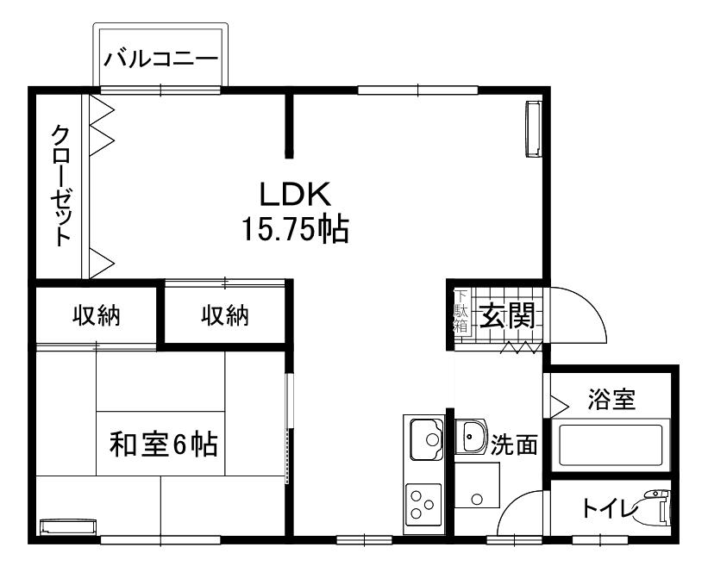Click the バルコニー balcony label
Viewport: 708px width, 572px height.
(x=160, y=59)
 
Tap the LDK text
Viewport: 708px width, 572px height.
(x=295, y=194)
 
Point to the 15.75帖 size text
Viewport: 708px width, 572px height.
(x=295, y=230)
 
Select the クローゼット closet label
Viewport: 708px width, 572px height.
(x=60, y=185)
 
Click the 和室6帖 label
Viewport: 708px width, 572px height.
(x=164, y=445)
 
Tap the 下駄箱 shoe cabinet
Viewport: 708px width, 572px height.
(x=461, y=311)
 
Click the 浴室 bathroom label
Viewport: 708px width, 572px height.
(x=611, y=399)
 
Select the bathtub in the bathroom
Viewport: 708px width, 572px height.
(x=611, y=445)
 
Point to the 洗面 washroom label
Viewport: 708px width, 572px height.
(x=514, y=445)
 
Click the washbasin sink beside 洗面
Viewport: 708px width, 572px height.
(x=471, y=437)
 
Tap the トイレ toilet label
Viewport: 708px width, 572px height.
(x=610, y=508)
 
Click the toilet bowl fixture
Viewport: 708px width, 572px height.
(x=654, y=508)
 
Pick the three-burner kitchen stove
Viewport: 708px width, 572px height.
(x=423, y=504)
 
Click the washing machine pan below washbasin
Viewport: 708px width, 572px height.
(x=477, y=485)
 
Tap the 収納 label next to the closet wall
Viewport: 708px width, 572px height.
(x=97, y=315)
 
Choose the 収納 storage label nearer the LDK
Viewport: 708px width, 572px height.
(x=225, y=315)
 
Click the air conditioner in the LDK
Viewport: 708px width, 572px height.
(x=534, y=129)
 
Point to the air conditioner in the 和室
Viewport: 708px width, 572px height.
(x=68, y=526)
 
